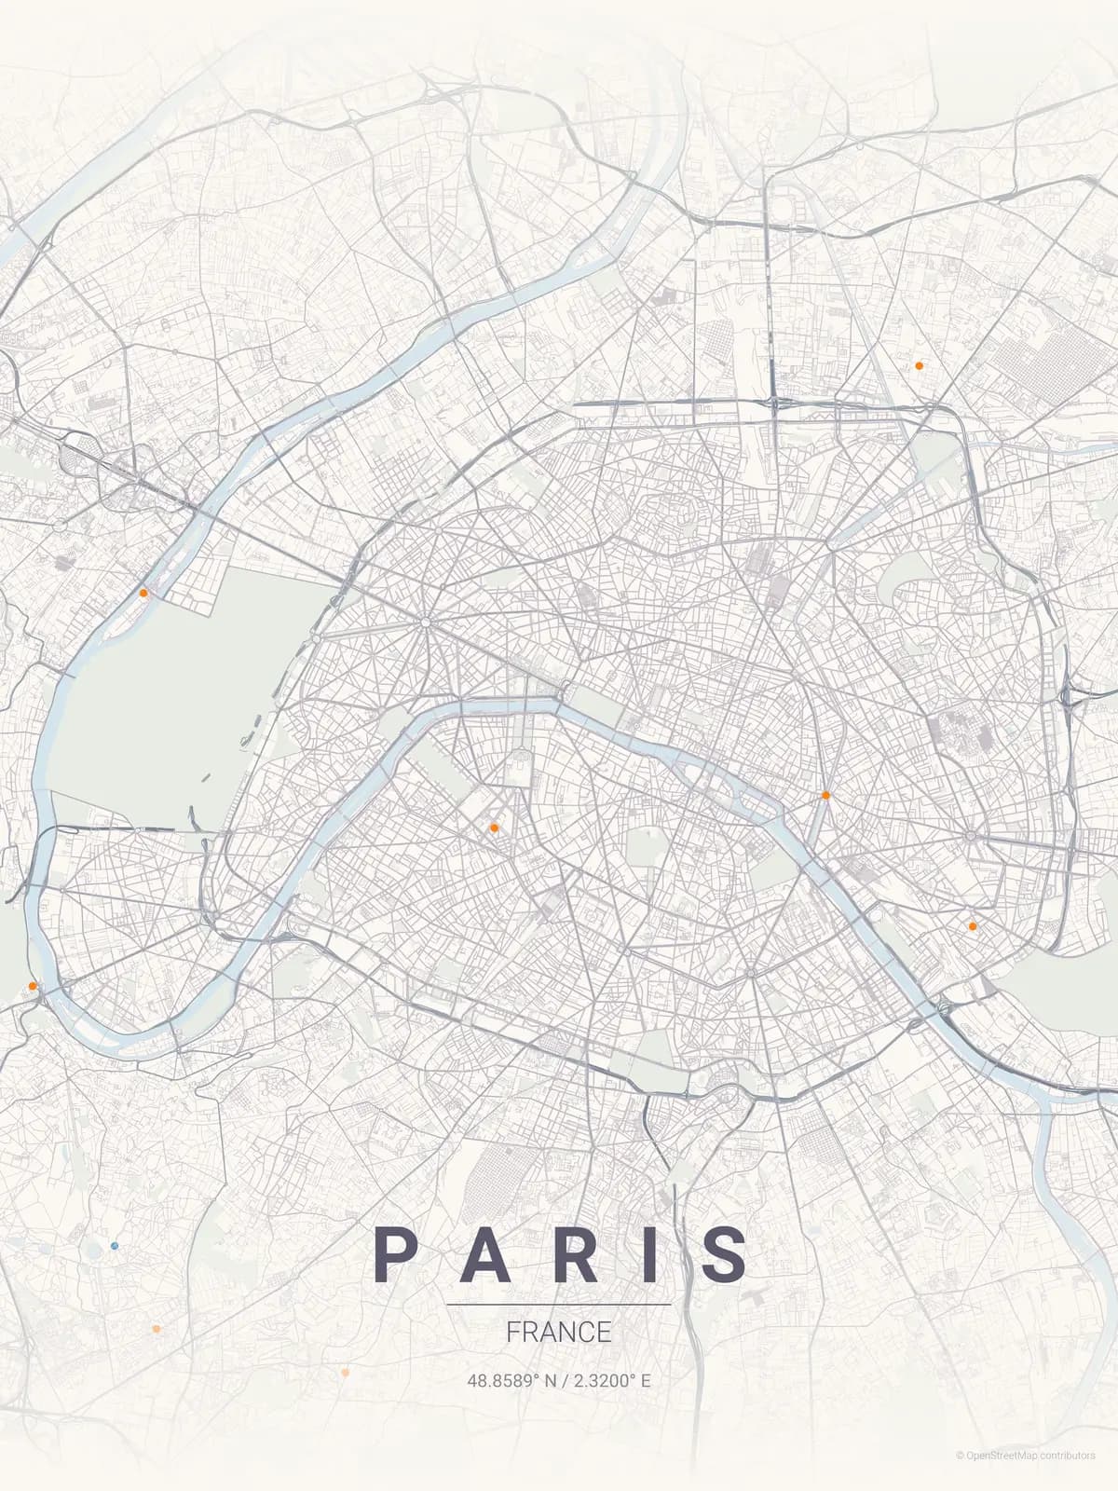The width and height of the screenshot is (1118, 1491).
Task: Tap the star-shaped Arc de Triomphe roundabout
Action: pyautogui.click(x=425, y=621)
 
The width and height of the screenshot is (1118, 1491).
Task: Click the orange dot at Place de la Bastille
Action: pyautogui.click(x=825, y=795)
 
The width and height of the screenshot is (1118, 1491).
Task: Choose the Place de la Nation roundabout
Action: pyautogui.click(x=971, y=836)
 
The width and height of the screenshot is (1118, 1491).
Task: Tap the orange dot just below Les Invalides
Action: pyautogui.click(x=494, y=828)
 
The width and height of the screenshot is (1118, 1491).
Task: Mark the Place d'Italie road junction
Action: pyautogui.click(x=750, y=973)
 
